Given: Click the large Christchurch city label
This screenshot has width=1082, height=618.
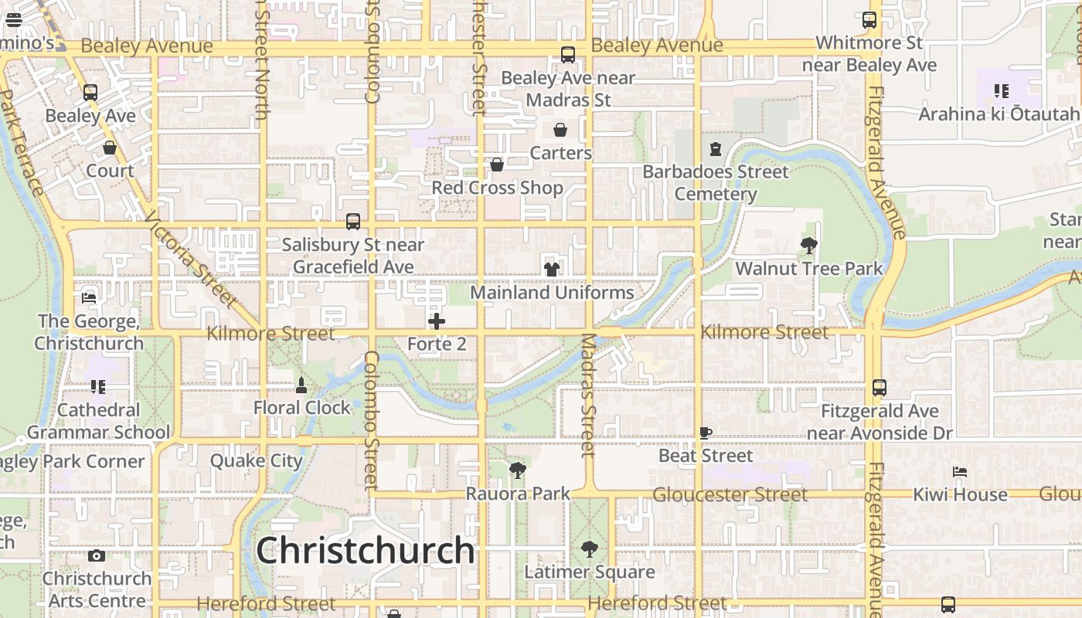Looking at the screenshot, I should [x=365, y=550].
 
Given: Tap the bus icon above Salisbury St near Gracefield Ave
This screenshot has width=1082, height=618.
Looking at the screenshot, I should [x=353, y=222].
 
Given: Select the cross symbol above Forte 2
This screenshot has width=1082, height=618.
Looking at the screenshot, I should [x=437, y=321].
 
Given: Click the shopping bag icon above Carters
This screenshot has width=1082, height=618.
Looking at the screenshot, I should [x=560, y=130].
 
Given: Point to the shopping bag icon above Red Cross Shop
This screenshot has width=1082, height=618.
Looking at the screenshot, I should [x=497, y=165].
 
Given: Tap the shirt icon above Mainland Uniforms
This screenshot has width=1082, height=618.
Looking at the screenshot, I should [x=552, y=269].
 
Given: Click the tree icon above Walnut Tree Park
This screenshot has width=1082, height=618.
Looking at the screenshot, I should [x=809, y=246].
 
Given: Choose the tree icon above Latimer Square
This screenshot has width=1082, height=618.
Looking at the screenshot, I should [x=590, y=549].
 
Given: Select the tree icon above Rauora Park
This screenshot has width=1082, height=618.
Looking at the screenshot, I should [x=518, y=470].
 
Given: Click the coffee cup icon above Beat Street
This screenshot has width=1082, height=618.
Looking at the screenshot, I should [x=705, y=433].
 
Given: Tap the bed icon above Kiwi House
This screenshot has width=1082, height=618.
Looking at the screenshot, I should [x=960, y=471].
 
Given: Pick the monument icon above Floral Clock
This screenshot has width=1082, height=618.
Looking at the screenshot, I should [x=301, y=385].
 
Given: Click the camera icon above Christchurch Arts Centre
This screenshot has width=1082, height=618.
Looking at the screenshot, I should [x=97, y=555].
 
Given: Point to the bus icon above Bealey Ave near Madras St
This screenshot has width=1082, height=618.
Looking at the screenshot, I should [x=568, y=55].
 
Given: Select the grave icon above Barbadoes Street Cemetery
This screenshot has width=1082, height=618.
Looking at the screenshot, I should [x=716, y=148].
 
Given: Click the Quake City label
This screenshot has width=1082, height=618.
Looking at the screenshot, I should [x=257, y=461].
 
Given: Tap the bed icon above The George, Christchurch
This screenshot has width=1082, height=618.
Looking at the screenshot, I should [x=89, y=298].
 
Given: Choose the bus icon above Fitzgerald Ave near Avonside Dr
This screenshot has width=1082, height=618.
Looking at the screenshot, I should [x=880, y=388].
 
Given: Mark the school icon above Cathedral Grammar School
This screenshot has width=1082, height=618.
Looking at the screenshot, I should [x=97, y=386].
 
